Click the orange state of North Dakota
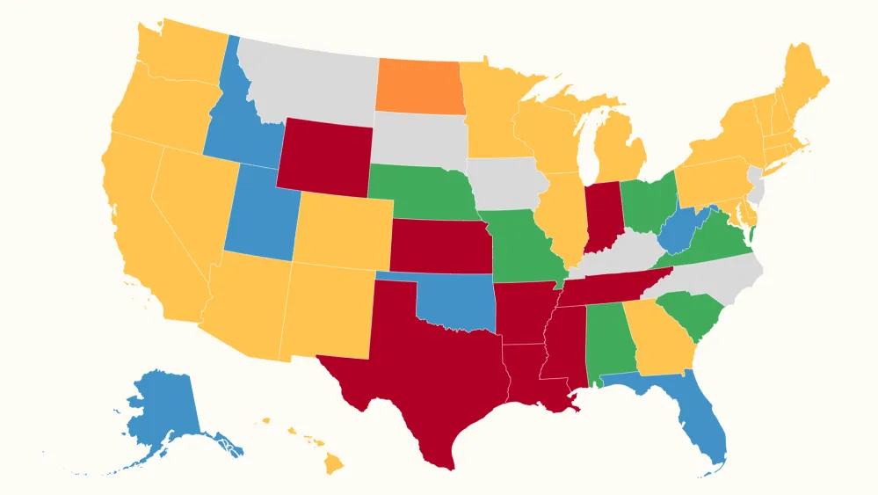pyautogui.click(x=419, y=85)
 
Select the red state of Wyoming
pyautogui.click(x=323, y=156)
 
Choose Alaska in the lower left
pyautogui.click(x=163, y=413)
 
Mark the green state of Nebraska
pyautogui.click(x=417, y=189)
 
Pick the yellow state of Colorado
pyautogui.click(x=341, y=230)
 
